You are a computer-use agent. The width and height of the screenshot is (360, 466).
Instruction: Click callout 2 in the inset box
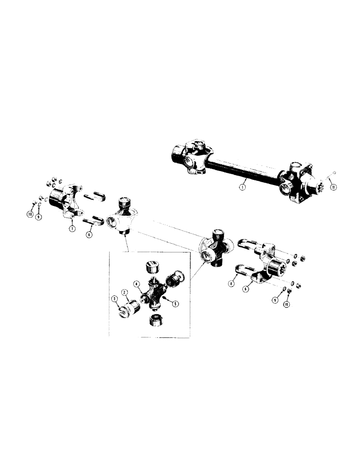125,292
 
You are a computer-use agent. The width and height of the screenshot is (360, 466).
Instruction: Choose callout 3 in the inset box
114,298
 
